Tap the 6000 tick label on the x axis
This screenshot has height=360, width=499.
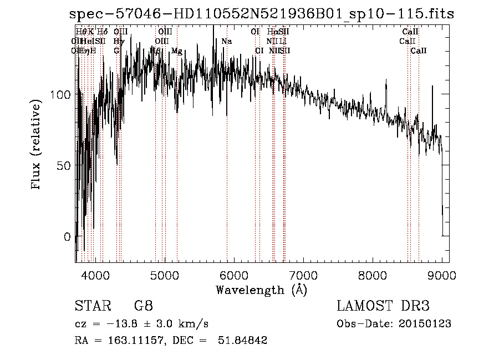[233, 275]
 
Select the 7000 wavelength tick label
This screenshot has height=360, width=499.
[303, 275]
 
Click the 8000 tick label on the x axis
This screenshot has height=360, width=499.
[372, 275]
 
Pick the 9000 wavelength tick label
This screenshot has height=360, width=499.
[441, 275]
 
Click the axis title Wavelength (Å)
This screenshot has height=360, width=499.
[261, 290]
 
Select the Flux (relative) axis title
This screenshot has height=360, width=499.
[37, 145]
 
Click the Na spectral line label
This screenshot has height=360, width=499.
[226, 42]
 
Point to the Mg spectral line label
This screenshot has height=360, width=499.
[177, 51]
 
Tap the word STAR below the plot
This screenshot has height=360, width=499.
[91, 306]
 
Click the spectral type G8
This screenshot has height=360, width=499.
[143, 306]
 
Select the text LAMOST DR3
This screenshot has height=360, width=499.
[383, 306]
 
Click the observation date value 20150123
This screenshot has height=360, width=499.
[425, 324]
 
